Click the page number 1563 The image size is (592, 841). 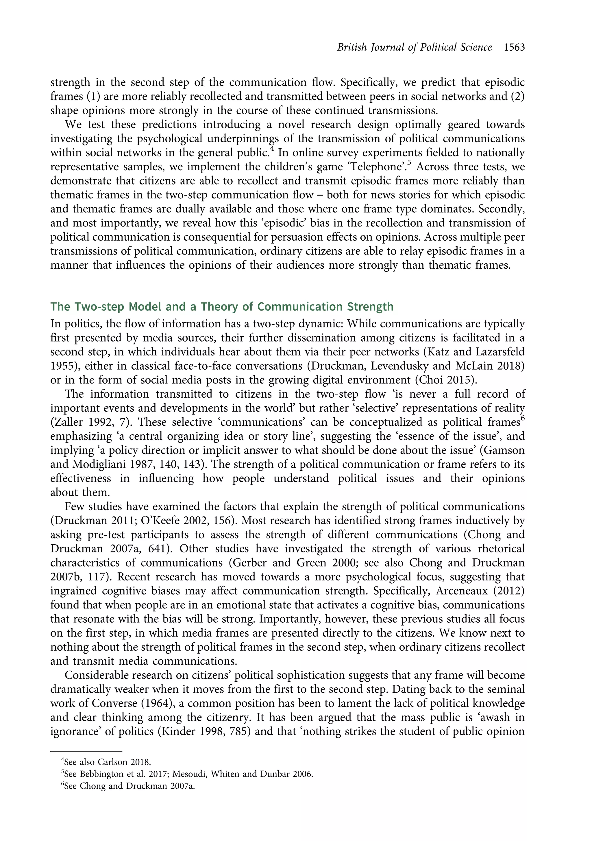pos(514,47)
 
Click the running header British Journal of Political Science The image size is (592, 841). pos(415,47)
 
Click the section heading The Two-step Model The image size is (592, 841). pos(221,306)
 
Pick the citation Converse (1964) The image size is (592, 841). pos(135,703)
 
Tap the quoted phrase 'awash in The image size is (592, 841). pos(502,718)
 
